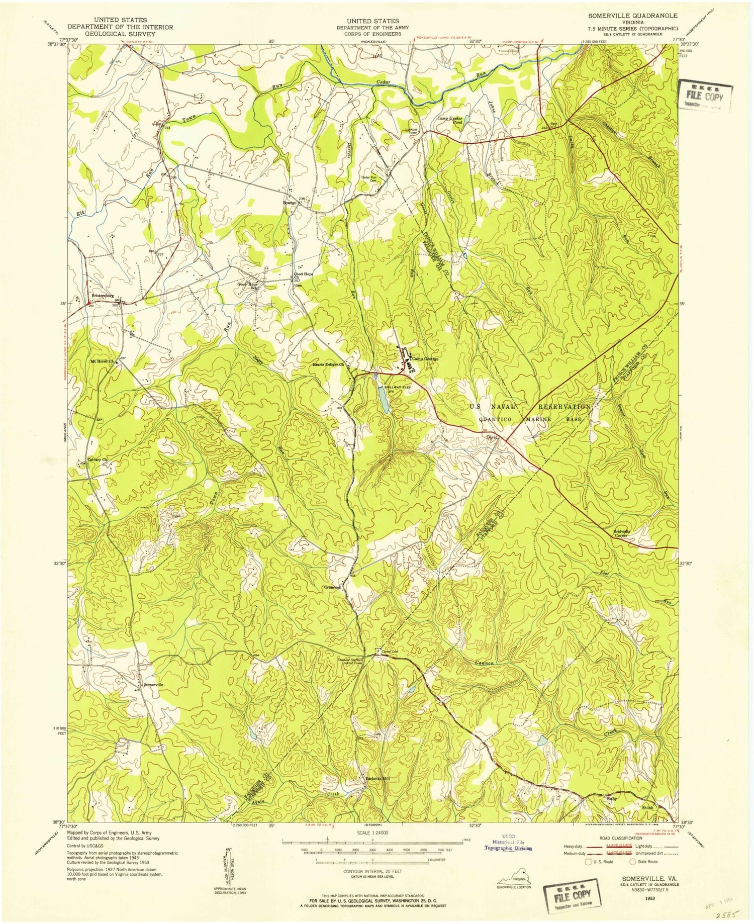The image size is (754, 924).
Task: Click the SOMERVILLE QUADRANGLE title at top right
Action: click(x=632, y=16)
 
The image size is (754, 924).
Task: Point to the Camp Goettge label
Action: click(x=426, y=359)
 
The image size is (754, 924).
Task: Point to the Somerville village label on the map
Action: click(x=153, y=685)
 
